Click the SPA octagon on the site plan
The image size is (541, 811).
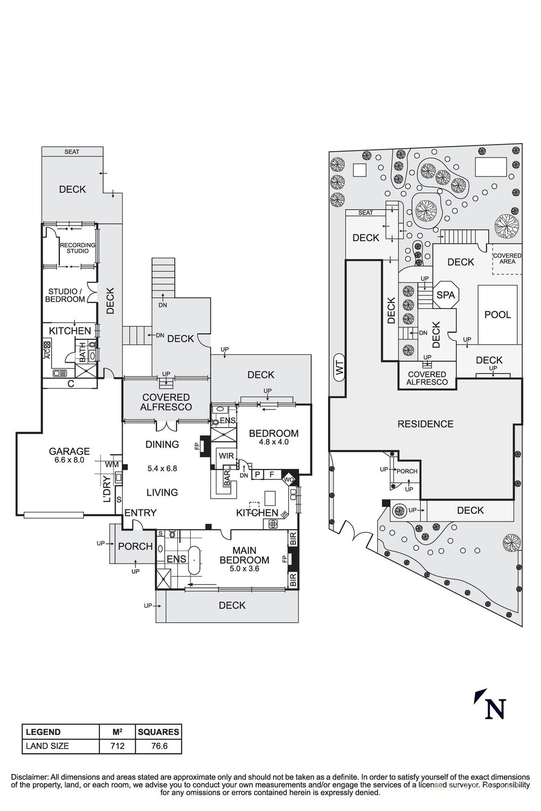click(x=446, y=294)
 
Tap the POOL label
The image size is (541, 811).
click(x=497, y=315)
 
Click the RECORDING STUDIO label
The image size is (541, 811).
click(x=78, y=248)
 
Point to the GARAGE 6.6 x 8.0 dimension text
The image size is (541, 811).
click(x=69, y=460)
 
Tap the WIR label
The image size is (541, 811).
click(x=226, y=456)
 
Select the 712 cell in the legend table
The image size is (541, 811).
click(x=118, y=746)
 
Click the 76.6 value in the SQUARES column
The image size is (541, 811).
click(x=159, y=746)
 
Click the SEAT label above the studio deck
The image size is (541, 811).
click(x=72, y=152)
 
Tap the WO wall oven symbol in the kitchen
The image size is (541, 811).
click(x=289, y=479)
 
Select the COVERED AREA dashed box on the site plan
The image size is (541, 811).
click(x=507, y=259)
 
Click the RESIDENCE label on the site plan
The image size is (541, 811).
click(x=425, y=424)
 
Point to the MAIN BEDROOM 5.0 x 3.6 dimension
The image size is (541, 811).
click(x=244, y=569)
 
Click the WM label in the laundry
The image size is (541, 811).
click(x=112, y=464)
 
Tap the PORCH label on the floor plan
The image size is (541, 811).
click(x=135, y=546)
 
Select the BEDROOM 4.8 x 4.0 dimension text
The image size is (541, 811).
click(x=273, y=442)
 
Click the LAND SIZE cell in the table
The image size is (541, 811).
click(x=47, y=746)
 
